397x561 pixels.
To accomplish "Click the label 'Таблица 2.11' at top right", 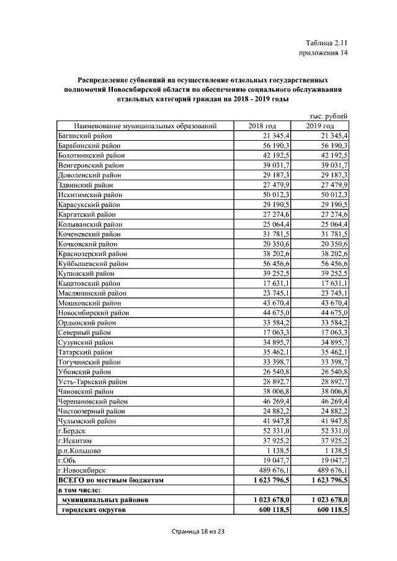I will pyautogui.click(x=328, y=43).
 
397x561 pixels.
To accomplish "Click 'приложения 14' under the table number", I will pyautogui.click(x=323, y=53).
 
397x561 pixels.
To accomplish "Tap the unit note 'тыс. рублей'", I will pyautogui.click(x=328, y=116).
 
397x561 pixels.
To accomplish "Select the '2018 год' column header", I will pyautogui.click(x=262, y=126).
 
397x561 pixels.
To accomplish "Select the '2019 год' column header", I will pyautogui.click(x=319, y=126).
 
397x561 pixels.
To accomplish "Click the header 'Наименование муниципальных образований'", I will pyautogui.click(x=145, y=126).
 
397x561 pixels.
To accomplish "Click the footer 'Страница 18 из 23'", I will pyautogui.click(x=198, y=531).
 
